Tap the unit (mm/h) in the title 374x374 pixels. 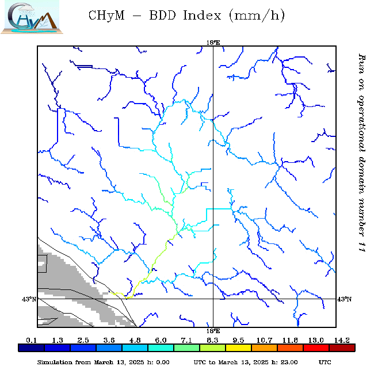pos(257,16)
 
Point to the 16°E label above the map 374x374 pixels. pos(213,43)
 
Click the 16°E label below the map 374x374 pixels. pos(213,331)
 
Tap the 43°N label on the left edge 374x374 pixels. pos(29,299)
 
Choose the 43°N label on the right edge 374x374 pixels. pos(344,299)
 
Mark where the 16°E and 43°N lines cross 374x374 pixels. pos(213,299)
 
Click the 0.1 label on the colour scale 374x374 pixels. pos(32,341)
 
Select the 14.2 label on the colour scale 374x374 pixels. pos(343,341)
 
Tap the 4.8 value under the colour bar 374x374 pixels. pos(135,341)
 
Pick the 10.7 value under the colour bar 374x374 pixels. pos(265,341)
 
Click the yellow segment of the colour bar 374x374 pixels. pos(238,348)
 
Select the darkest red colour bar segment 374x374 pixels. pos(342,348)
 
